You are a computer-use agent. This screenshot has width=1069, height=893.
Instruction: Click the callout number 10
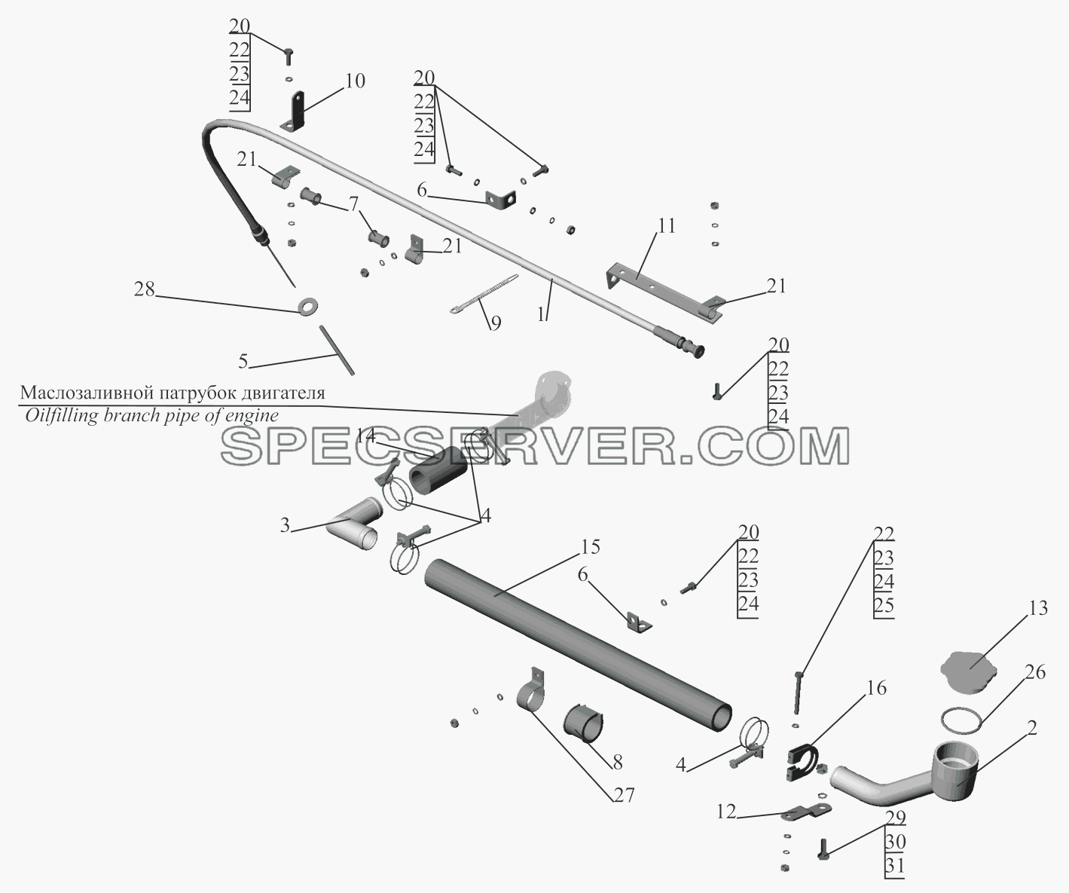click(355, 81)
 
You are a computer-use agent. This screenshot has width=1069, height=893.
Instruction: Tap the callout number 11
click(666, 226)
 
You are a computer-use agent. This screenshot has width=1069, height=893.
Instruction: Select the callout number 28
click(145, 289)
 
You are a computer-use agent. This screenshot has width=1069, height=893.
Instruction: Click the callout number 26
click(1034, 671)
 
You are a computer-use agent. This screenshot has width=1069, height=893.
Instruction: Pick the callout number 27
click(624, 795)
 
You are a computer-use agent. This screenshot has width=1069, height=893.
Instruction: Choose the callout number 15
click(590, 547)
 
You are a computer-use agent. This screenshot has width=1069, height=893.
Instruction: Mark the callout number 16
click(876, 688)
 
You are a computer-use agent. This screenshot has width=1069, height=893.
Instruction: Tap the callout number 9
click(495, 323)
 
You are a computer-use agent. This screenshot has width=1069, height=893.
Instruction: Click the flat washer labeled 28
click(307, 306)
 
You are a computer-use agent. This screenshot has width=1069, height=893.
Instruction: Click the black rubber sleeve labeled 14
click(438, 470)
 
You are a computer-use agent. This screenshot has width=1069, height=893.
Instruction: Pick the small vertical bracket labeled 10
click(296, 112)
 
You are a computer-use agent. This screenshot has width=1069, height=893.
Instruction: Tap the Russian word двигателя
click(276, 394)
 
